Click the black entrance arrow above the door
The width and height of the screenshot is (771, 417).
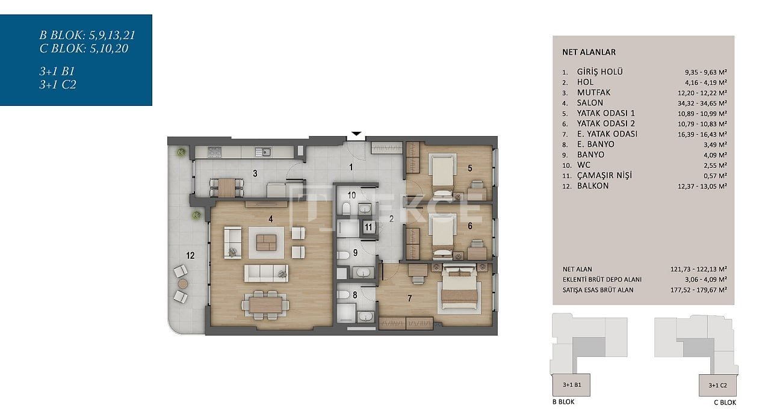356,134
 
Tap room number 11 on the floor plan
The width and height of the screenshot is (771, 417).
368,227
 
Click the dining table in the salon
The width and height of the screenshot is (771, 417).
265,305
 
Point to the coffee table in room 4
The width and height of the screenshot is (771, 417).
266,242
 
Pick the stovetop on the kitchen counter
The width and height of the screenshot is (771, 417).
215,151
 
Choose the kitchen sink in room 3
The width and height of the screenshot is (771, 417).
263,152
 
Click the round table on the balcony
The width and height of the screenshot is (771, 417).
183,283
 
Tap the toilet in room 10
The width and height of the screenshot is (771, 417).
346,208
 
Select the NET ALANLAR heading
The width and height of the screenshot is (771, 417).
589,52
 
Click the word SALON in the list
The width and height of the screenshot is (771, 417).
590,102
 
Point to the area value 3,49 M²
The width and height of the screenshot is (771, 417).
715,145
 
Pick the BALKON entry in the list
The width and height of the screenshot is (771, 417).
593,186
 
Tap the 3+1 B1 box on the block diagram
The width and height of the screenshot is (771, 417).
571,385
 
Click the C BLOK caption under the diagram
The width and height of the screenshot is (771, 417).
725,402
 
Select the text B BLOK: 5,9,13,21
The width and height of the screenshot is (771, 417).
87,35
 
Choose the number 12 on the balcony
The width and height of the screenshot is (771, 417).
190,255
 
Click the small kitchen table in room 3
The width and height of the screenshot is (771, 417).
226,188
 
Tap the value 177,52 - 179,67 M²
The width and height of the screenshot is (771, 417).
699,290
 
